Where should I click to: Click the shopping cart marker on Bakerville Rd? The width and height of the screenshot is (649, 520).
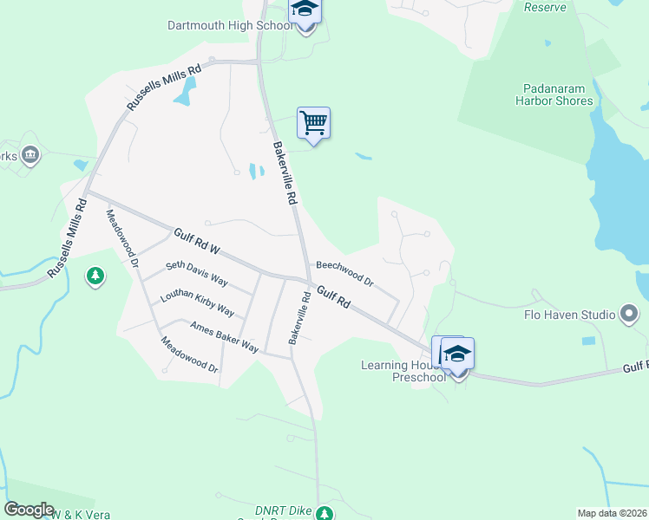313,124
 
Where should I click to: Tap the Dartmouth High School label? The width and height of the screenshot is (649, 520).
231,25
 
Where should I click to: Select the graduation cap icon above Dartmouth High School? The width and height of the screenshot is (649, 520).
305,10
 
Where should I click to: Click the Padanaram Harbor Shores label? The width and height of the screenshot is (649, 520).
558,94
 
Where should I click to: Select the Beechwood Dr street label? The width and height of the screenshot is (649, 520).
344,273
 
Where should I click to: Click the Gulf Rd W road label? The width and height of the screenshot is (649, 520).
197,242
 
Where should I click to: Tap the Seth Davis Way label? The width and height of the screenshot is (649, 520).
197,275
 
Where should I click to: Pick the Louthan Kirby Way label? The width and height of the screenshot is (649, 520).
197,302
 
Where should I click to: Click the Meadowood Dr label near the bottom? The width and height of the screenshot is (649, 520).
189,355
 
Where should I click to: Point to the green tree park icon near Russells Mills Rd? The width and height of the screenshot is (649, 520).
95,277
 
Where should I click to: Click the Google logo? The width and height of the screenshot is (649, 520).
29,510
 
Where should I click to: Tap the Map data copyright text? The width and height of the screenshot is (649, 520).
612,513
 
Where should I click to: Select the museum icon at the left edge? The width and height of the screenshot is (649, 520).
31,155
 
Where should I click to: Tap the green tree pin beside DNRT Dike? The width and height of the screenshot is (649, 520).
324,514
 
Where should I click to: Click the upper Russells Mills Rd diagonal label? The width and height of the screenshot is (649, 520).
163,87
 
